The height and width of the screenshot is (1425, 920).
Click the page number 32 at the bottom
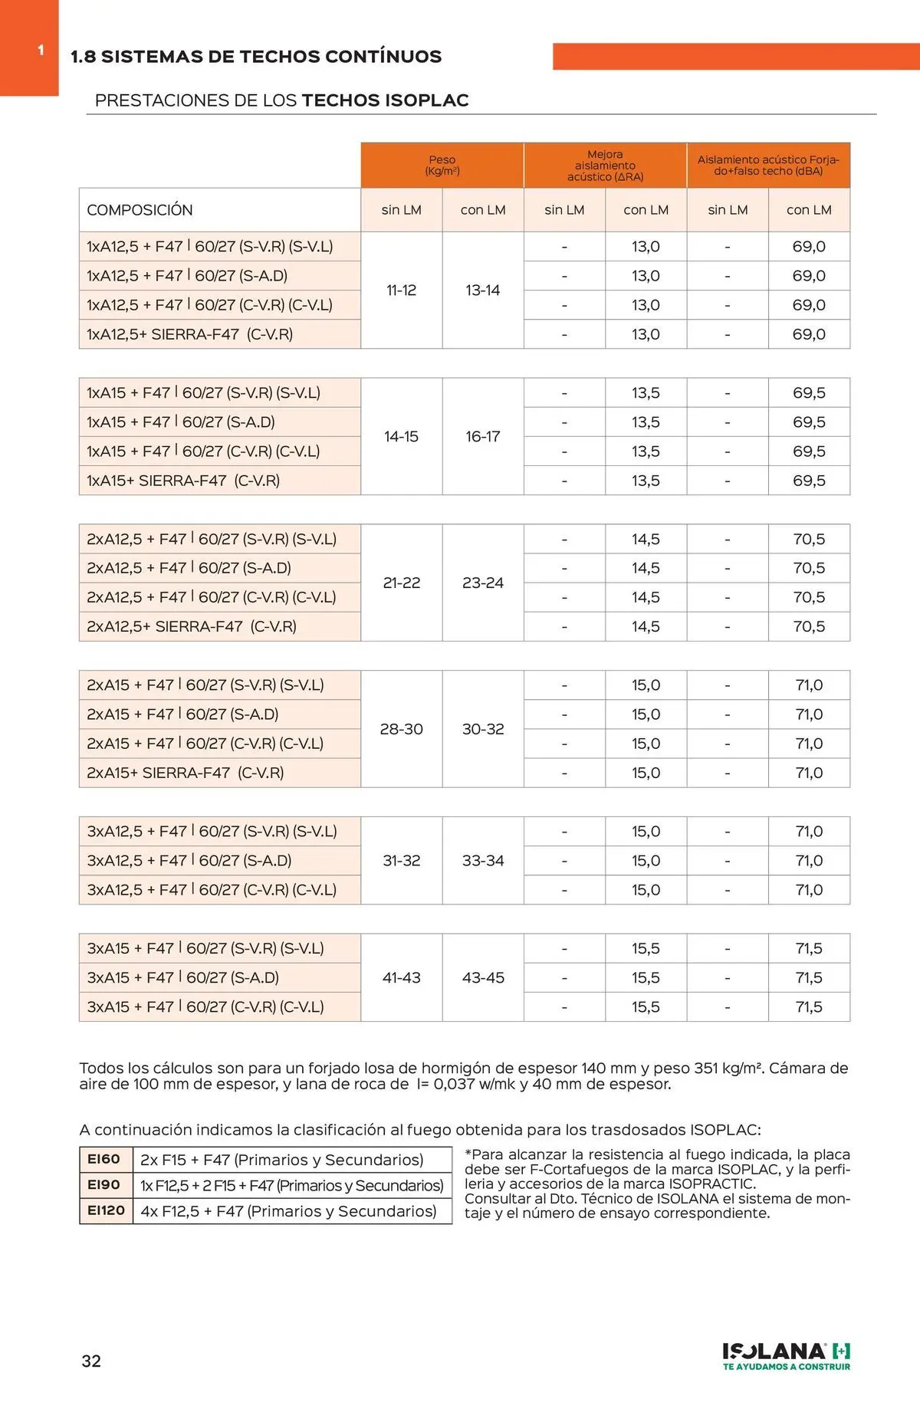pyautogui.click(x=91, y=1361)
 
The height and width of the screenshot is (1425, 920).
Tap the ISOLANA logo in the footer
pyautogui.click(x=786, y=1356)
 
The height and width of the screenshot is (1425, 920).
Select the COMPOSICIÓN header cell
pyautogui.click(x=140, y=210)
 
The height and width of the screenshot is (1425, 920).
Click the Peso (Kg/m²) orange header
pyautogui.click(x=442, y=166)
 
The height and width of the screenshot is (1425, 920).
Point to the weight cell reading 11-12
pyautogui.click(x=401, y=291)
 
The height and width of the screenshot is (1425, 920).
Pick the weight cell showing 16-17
pyautogui.click(x=483, y=437)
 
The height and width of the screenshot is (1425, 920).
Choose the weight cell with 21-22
pyautogui.click(x=401, y=583)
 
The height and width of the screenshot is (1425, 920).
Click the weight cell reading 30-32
pyautogui.click(x=483, y=729)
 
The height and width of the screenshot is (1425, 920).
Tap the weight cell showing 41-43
pyautogui.click(x=401, y=977)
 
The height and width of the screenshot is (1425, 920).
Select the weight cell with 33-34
pyautogui.click(x=483, y=861)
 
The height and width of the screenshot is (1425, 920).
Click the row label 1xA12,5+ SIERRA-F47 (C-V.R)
pyautogui.click(x=189, y=334)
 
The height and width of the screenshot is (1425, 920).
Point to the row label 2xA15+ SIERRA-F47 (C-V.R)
pyautogui.click(x=185, y=773)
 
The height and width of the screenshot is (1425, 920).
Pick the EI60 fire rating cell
pyautogui.click(x=104, y=1159)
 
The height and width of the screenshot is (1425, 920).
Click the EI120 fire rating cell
pyautogui.click(x=106, y=1210)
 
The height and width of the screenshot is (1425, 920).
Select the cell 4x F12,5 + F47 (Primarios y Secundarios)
pyautogui.click(x=288, y=1211)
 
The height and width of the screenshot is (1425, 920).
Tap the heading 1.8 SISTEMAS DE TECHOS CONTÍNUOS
pyautogui.click(x=256, y=57)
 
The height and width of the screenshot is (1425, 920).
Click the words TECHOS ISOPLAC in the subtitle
pyautogui.click(x=385, y=100)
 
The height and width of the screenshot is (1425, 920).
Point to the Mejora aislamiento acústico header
pyautogui.click(x=605, y=166)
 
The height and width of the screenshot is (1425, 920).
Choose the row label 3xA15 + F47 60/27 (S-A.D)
pyautogui.click(x=182, y=977)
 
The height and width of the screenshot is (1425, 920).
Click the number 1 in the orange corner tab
pyautogui.click(x=41, y=51)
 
